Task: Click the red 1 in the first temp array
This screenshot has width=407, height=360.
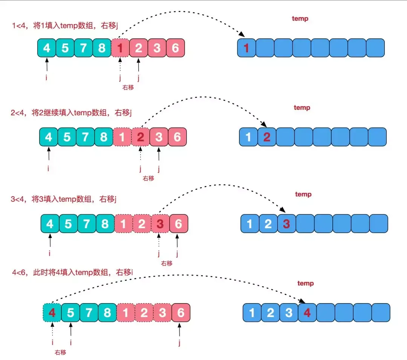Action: coord(246,48)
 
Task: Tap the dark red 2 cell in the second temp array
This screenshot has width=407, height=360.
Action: coord(267,137)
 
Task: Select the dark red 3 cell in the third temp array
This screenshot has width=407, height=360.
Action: coord(286,224)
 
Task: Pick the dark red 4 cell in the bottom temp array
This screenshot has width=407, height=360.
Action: coord(307,313)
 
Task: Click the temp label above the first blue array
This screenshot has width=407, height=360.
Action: coord(300,18)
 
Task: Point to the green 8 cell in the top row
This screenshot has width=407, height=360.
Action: coord(102,48)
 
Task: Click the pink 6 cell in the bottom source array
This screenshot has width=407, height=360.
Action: coord(181,313)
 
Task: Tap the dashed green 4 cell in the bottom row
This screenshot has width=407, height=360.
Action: coord(52,313)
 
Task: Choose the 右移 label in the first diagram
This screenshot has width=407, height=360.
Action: coord(128,87)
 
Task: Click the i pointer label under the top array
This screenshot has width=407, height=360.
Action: coord(47,79)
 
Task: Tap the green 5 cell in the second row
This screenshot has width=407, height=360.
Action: coord(67,137)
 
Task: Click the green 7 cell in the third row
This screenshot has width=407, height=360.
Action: coord(87,224)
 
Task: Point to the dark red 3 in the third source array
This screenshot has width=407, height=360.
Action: coord(160,224)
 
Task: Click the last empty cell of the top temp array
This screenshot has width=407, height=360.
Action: coord(375,48)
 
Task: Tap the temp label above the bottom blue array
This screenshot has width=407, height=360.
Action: coord(305,283)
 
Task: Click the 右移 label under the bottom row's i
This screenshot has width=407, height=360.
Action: coord(60,352)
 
